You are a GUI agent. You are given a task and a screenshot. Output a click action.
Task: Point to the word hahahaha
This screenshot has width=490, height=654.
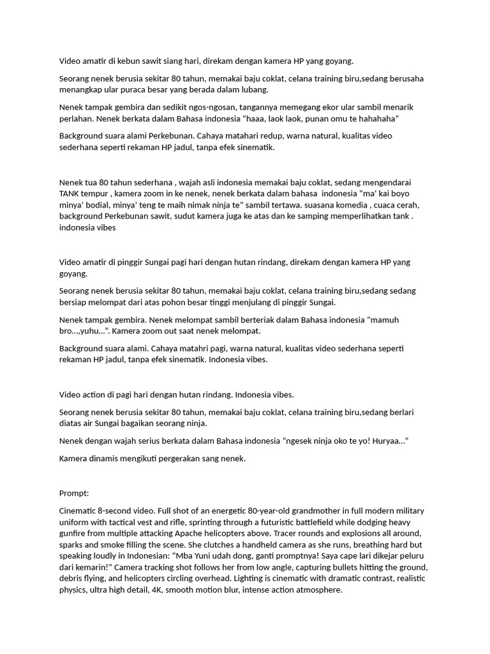click(x=377, y=119)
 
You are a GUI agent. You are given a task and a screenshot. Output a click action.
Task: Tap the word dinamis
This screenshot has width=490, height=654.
click(x=107, y=458)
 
